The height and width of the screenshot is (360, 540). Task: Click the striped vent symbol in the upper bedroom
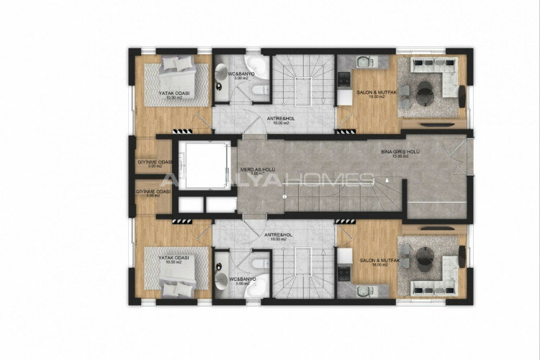click(183, 130)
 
